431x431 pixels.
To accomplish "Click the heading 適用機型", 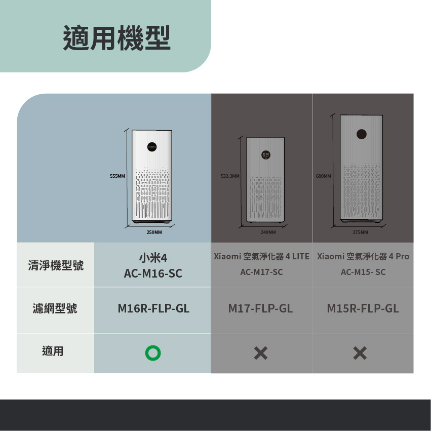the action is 117,37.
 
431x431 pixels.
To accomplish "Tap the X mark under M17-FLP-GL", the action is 261,353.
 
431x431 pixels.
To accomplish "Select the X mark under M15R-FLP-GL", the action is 360,353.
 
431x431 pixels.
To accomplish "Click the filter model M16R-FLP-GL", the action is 153,308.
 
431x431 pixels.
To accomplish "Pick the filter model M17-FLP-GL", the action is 260,308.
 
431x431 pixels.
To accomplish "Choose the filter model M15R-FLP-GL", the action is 363,308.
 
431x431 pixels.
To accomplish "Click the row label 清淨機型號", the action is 56,265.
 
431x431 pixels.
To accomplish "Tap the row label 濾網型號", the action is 55,308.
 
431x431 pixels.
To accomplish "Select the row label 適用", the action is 53,351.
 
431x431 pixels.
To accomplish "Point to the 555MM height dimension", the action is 117,176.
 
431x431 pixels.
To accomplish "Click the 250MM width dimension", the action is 154,232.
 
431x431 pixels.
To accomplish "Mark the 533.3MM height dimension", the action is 230,176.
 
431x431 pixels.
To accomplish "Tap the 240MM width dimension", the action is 268,232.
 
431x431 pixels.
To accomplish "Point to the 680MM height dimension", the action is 324,176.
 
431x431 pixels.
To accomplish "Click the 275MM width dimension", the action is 361,232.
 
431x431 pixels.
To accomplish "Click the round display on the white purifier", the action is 152,147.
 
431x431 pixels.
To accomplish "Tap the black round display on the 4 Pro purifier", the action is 362,134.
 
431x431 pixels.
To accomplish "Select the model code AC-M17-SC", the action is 261,272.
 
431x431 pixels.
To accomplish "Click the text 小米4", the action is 153,258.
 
